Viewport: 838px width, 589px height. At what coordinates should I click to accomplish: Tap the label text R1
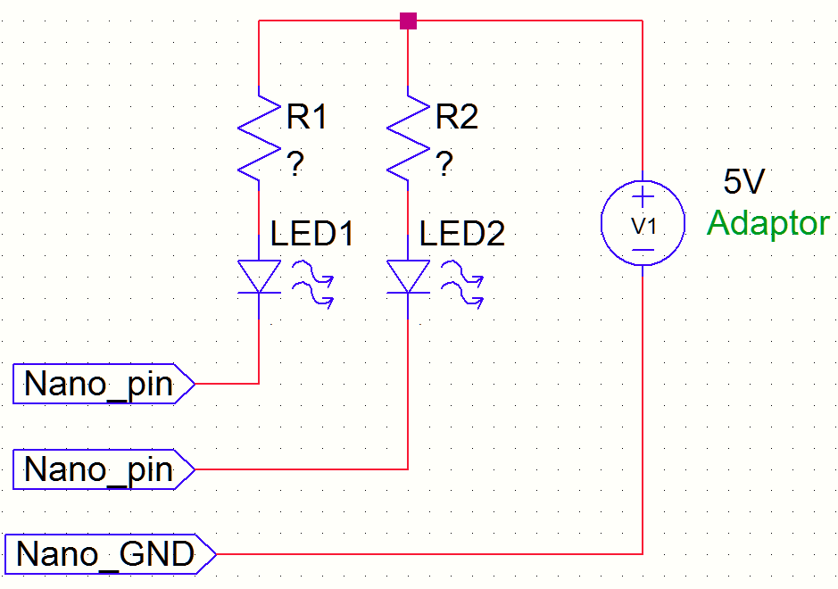pyautogui.click(x=306, y=117)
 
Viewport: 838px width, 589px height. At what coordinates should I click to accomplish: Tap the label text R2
pyautogui.click(x=456, y=117)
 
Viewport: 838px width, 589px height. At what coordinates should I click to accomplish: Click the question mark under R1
pyautogui.click(x=295, y=164)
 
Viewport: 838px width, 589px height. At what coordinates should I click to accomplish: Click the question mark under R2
pyautogui.click(x=444, y=164)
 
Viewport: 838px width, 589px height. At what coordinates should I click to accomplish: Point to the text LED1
pyautogui.click(x=312, y=234)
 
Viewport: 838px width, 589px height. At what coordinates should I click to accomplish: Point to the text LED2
pyautogui.click(x=461, y=234)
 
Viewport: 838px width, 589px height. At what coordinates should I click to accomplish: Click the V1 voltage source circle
pyautogui.click(x=643, y=224)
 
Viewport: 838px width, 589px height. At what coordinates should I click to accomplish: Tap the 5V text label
pyautogui.click(x=743, y=183)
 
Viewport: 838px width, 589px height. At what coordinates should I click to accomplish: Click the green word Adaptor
pyautogui.click(x=767, y=223)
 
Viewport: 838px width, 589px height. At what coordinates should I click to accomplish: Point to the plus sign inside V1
pyautogui.click(x=643, y=197)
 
